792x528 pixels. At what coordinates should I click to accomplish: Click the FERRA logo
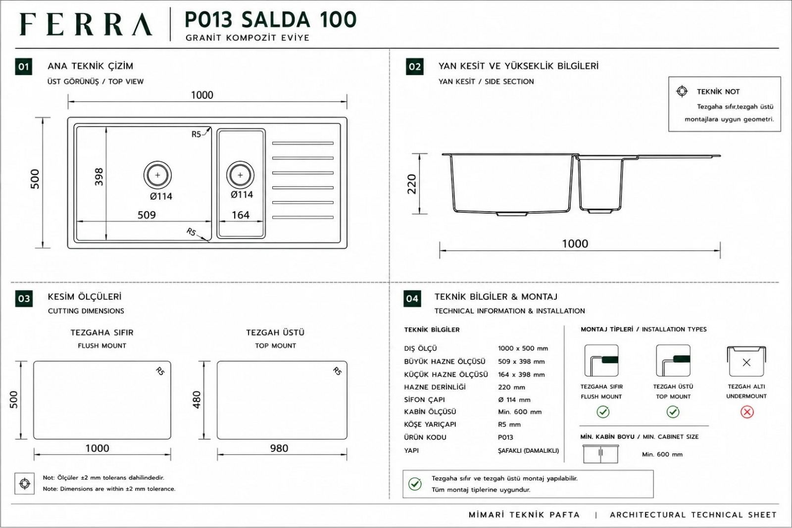pyautogui.click(x=86, y=24)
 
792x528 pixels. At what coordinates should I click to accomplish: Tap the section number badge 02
pyautogui.click(x=415, y=67)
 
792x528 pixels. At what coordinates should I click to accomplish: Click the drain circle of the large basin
pyautogui.click(x=157, y=175)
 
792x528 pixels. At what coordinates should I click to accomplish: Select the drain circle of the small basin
pyautogui.click(x=241, y=175)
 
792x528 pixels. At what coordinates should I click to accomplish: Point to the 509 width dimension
pyautogui.click(x=147, y=215)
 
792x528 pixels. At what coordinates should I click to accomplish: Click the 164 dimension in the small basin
pyautogui.click(x=241, y=215)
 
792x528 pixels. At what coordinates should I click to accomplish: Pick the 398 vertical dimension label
pyautogui.click(x=99, y=177)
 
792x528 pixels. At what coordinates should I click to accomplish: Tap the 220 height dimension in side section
pyautogui.click(x=412, y=184)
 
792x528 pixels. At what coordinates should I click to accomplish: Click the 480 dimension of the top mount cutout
pyautogui.click(x=197, y=400)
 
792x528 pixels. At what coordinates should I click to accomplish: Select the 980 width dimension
pyautogui.click(x=279, y=448)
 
